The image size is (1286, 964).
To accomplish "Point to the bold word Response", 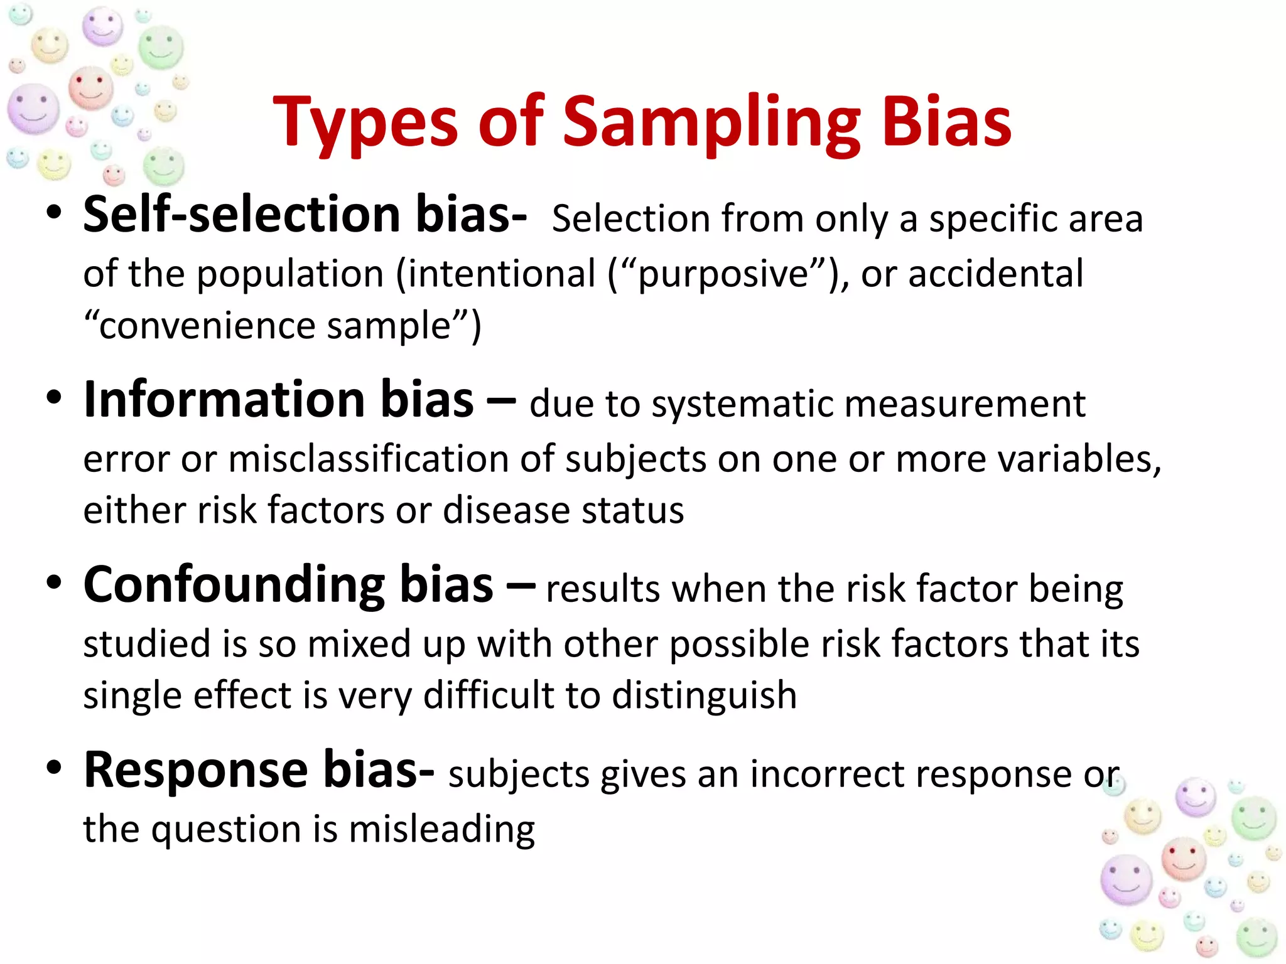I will pyautogui.click(x=195, y=769).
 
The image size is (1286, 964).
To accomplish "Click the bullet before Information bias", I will pyautogui.click(x=55, y=398).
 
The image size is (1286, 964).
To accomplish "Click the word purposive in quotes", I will pyautogui.click(x=723, y=275).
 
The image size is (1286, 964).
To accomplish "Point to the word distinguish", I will pyautogui.click(x=704, y=696).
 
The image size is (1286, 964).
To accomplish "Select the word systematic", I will pyautogui.click(x=742, y=404).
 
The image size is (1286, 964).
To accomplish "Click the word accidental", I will pyautogui.click(x=995, y=274).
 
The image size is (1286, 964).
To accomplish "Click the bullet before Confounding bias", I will pyautogui.click(x=55, y=582).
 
